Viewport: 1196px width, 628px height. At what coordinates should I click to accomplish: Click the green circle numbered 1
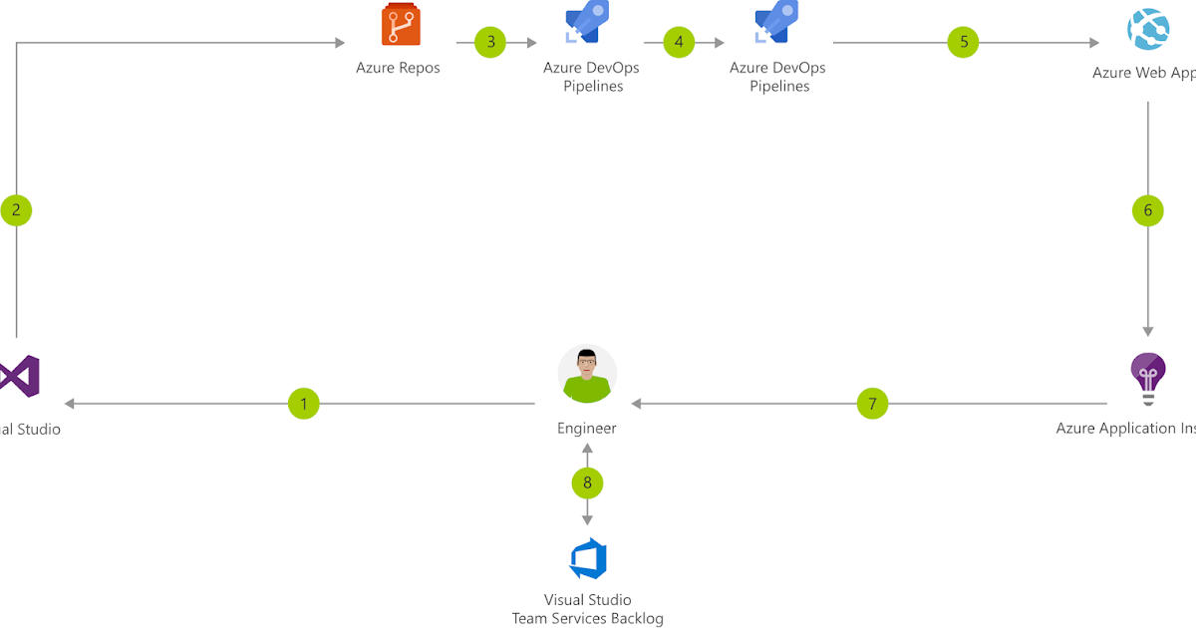tap(303, 404)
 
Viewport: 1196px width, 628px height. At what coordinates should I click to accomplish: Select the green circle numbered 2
tap(16, 210)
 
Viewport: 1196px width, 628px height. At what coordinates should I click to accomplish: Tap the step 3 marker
tap(490, 42)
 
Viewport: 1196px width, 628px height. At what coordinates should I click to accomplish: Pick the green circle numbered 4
tap(679, 42)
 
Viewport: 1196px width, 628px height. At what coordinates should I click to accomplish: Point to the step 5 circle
tap(963, 42)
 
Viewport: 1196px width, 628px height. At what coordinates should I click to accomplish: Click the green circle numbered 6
tap(1147, 210)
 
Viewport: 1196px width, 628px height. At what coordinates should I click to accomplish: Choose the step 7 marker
tap(872, 404)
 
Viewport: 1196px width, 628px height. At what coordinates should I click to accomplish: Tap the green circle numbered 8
tap(587, 483)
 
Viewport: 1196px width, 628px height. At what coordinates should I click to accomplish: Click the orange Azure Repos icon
tap(398, 25)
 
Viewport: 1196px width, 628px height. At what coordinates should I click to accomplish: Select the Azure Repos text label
tap(398, 69)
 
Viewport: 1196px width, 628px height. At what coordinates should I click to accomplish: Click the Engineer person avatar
tap(587, 375)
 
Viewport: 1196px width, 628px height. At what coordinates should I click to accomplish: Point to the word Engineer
tap(587, 429)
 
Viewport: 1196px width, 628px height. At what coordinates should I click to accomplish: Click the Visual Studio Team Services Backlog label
tap(587, 609)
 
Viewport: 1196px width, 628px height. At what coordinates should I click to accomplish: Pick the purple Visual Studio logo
tap(20, 377)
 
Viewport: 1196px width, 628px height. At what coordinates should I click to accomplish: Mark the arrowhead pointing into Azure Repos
tap(339, 42)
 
